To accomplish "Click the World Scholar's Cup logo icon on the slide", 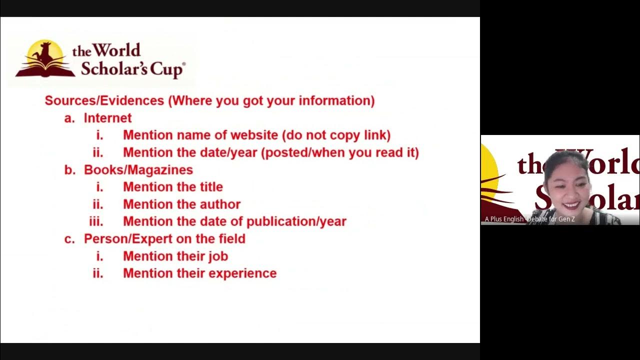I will (45, 59).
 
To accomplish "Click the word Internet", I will (107, 118).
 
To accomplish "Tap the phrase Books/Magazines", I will (138, 170).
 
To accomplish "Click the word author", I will (220, 204).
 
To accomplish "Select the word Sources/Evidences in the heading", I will (104, 100).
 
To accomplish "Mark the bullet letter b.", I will (69, 170).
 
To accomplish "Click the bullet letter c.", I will (69, 239).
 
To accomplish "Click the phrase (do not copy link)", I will (336, 135).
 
